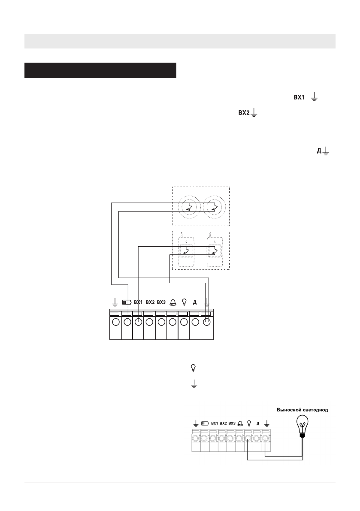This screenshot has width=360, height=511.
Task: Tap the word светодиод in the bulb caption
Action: click(315, 410)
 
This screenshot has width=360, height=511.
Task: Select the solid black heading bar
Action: click(100, 70)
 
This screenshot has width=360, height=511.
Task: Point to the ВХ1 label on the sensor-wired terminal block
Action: click(138, 302)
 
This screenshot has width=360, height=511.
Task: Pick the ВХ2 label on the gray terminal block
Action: click(223, 423)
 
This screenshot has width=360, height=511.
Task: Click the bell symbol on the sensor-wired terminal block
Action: click(173, 302)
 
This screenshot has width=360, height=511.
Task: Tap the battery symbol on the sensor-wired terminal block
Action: click(127, 302)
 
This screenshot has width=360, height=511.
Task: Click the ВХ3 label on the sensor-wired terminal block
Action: click(161, 302)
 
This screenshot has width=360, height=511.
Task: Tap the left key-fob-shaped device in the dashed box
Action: click(186, 250)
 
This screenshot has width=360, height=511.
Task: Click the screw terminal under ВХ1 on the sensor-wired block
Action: click(138, 323)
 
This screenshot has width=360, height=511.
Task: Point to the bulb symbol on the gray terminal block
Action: click(248, 423)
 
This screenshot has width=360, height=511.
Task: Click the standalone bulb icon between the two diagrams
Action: click(193, 368)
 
